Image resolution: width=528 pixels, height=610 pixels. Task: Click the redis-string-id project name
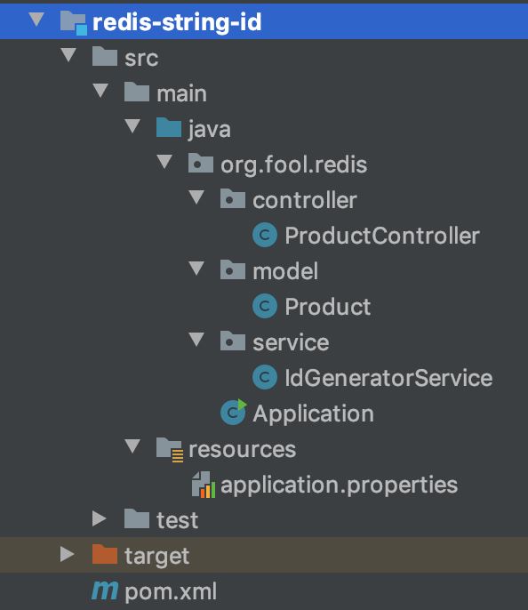pos(177,22)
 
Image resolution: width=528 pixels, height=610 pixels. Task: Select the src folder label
pos(141,59)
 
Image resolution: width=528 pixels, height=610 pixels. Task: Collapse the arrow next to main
pos(100,91)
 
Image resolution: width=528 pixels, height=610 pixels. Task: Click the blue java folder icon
pos(169,127)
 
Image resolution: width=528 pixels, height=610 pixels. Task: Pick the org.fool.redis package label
pos(293,165)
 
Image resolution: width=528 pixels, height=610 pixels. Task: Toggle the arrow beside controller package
pos(196,197)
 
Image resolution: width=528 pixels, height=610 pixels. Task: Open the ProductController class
pos(382,236)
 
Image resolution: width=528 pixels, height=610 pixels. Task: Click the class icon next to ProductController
pos(265,235)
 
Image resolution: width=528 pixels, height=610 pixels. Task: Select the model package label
pos(285,271)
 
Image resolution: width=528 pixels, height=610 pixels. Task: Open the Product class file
pos(328,307)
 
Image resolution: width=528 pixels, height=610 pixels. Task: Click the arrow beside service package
pos(196,340)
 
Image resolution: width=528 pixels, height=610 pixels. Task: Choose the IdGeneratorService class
pos(388,378)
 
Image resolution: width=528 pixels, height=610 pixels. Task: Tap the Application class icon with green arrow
pos(233,412)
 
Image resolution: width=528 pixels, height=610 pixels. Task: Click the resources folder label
pos(243,450)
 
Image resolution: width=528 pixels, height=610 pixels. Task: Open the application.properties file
pos(339,486)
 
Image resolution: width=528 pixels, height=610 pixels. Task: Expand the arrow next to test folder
pos(100,518)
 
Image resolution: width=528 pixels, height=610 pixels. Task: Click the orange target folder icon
pos(105,554)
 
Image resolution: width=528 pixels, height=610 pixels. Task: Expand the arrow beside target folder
pos(68,554)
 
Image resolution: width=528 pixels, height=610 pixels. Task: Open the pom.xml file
pos(171,592)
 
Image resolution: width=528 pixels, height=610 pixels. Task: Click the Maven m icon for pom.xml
pos(105,590)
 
